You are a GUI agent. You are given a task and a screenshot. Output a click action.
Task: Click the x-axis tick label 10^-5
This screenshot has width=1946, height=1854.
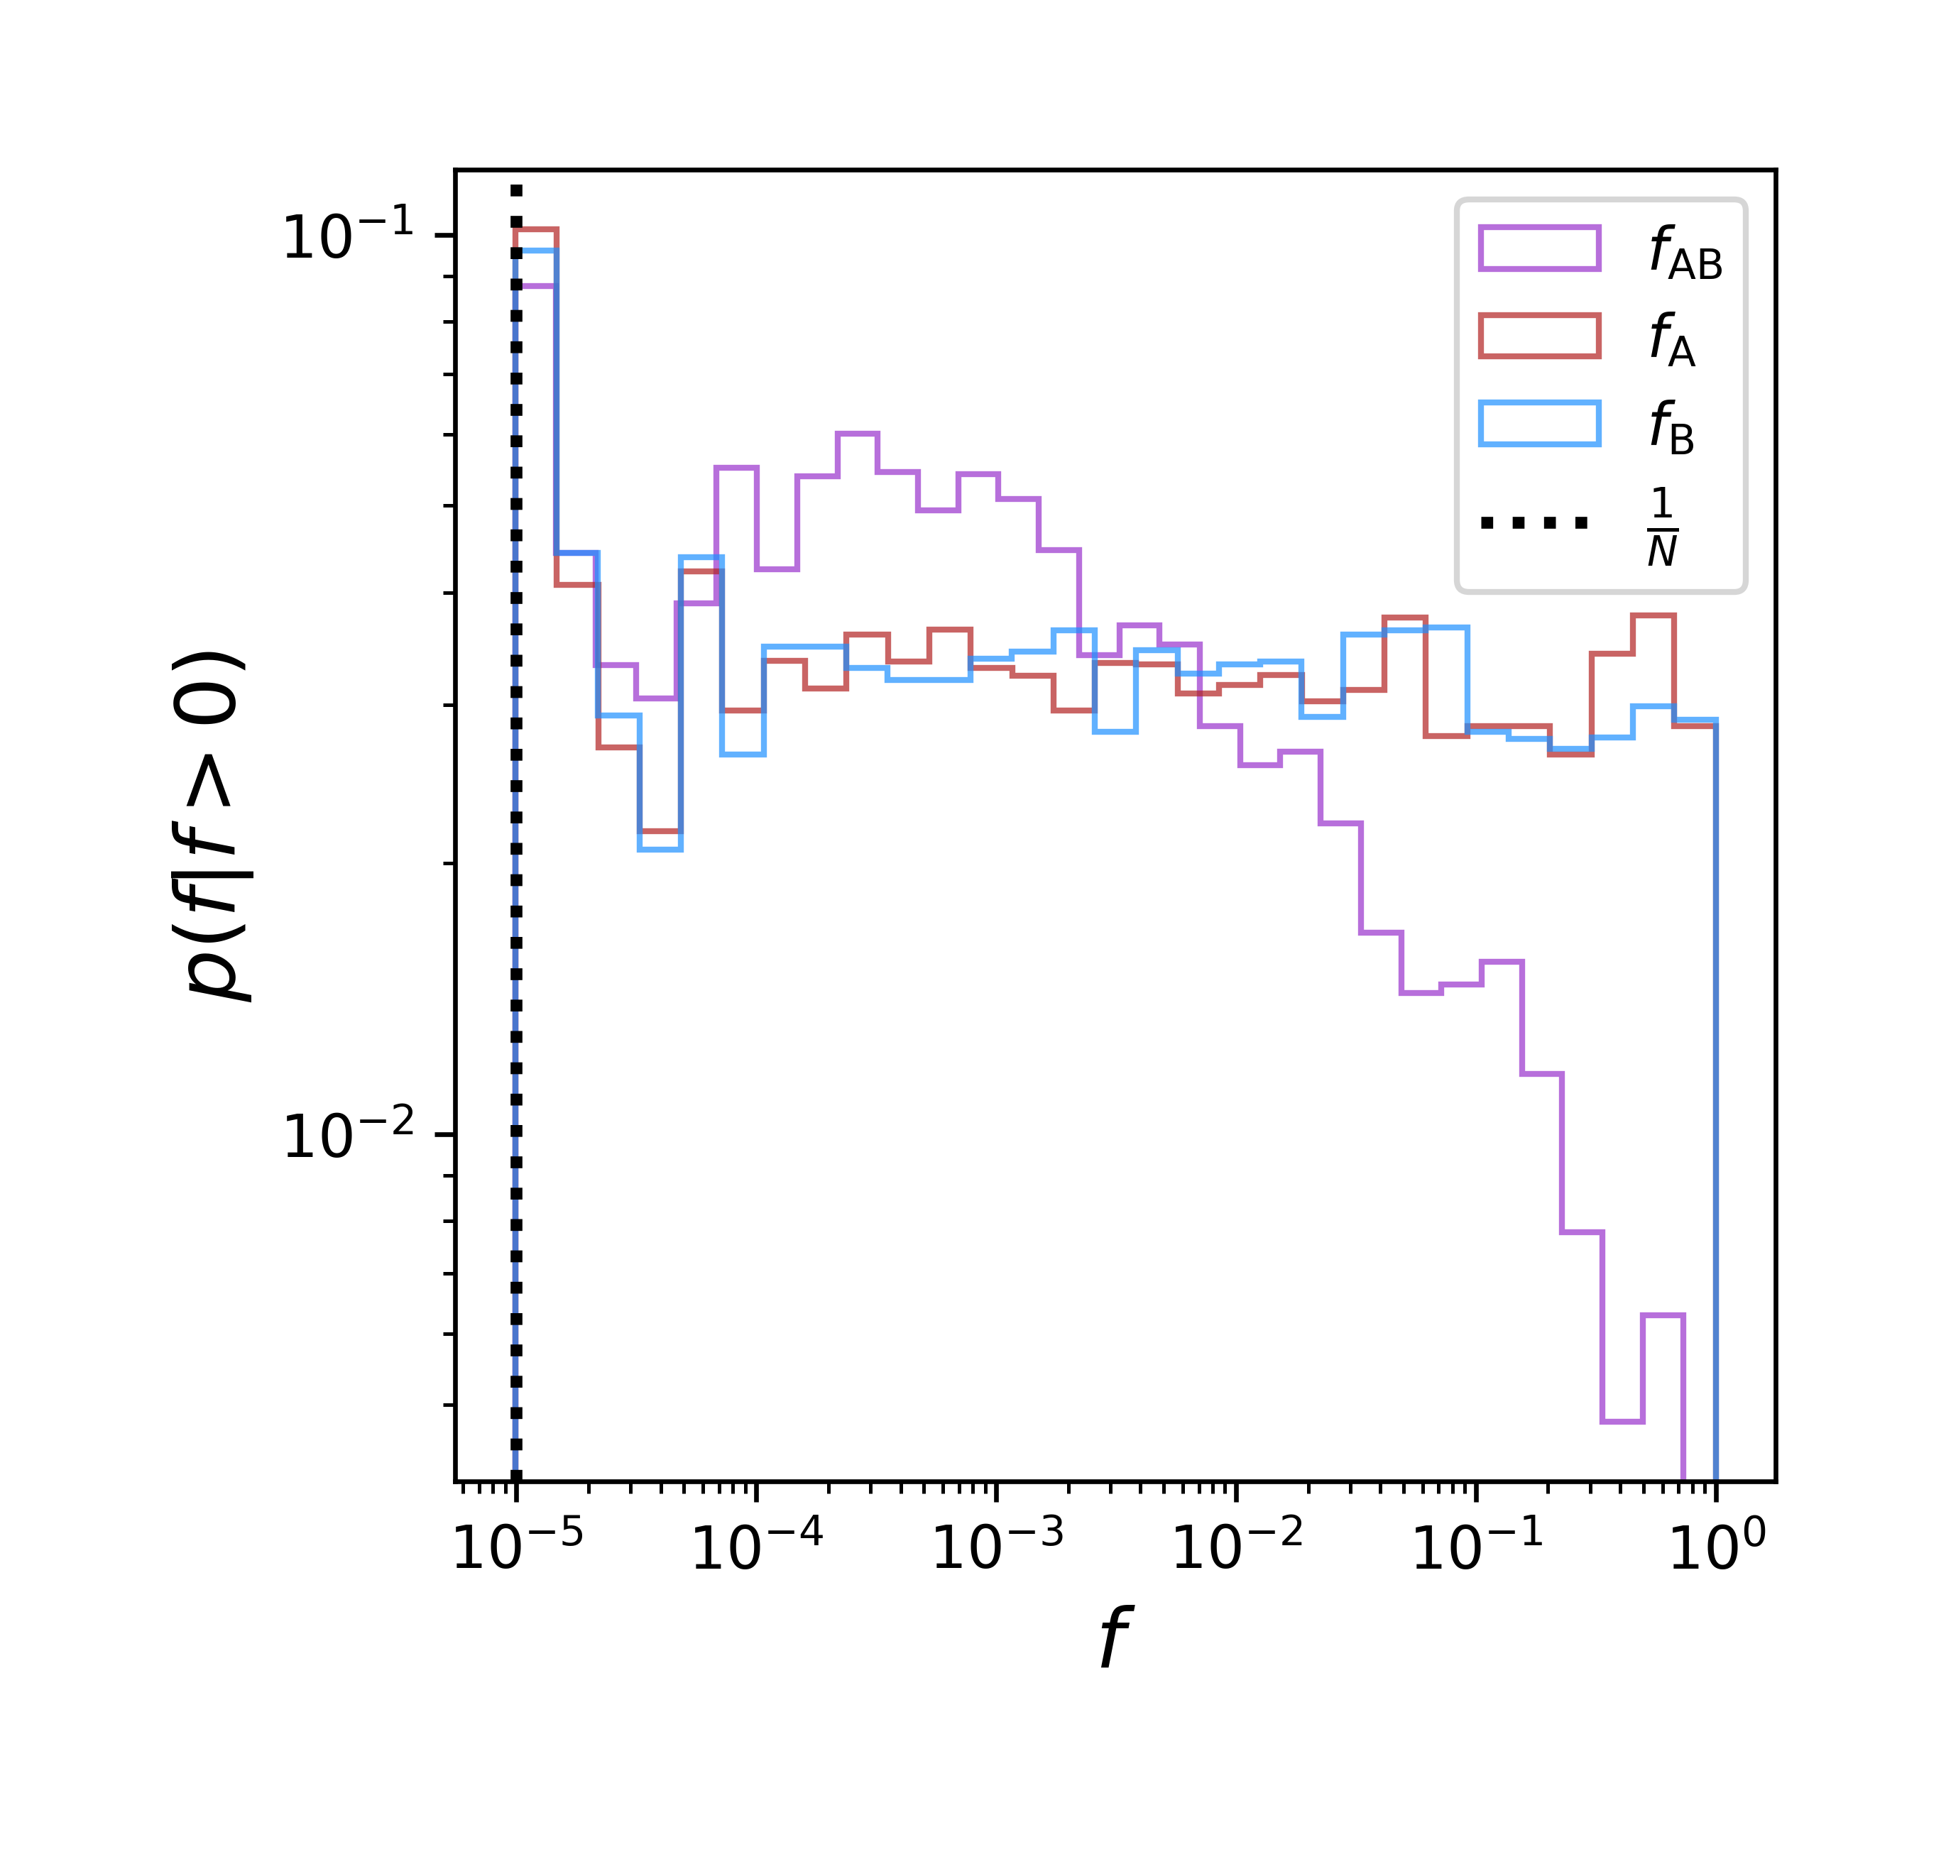pyautogui.click(x=517, y=1547)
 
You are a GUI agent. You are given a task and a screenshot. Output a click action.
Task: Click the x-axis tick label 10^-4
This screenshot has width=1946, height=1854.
pyautogui.click(x=756, y=1547)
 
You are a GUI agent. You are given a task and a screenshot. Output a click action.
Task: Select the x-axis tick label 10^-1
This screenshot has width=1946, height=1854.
pyautogui.click(x=1477, y=1547)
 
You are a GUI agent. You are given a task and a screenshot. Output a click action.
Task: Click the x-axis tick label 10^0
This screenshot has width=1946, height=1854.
pyautogui.click(x=1716, y=1547)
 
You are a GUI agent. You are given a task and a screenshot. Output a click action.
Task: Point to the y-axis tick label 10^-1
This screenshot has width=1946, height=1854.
pyautogui.click(x=348, y=237)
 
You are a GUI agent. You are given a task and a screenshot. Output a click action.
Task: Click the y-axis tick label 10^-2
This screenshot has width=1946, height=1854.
pyautogui.click(x=348, y=1136)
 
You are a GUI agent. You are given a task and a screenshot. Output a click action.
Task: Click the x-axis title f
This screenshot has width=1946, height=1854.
pyautogui.click(x=1114, y=1638)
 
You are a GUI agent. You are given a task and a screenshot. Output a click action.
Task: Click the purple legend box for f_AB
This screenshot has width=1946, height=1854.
pyautogui.click(x=1538, y=248)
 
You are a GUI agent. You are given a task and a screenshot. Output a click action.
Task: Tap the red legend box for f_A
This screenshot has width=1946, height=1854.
pyautogui.click(x=1538, y=336)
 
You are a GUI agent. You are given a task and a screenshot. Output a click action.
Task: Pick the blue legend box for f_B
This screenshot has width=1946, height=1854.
pyautogui.click(x=1538, y=423)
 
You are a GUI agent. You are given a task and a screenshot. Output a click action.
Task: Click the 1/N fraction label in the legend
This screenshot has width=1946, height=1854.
pyautogui.click(x=1661, y=527)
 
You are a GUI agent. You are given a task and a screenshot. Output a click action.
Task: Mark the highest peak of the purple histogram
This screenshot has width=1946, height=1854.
pyautogui.click(x=857, y=434)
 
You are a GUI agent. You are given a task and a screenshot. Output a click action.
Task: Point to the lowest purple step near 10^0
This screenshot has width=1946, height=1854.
pyautogui.click(x=1621, y=1421)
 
